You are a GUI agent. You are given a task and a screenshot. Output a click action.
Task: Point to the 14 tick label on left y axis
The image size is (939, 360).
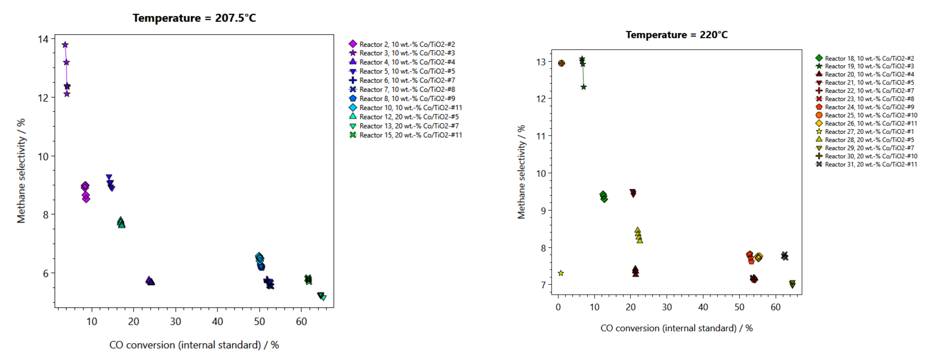[43, 39]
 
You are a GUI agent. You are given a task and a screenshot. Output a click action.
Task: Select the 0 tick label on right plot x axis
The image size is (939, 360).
[558, 307]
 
